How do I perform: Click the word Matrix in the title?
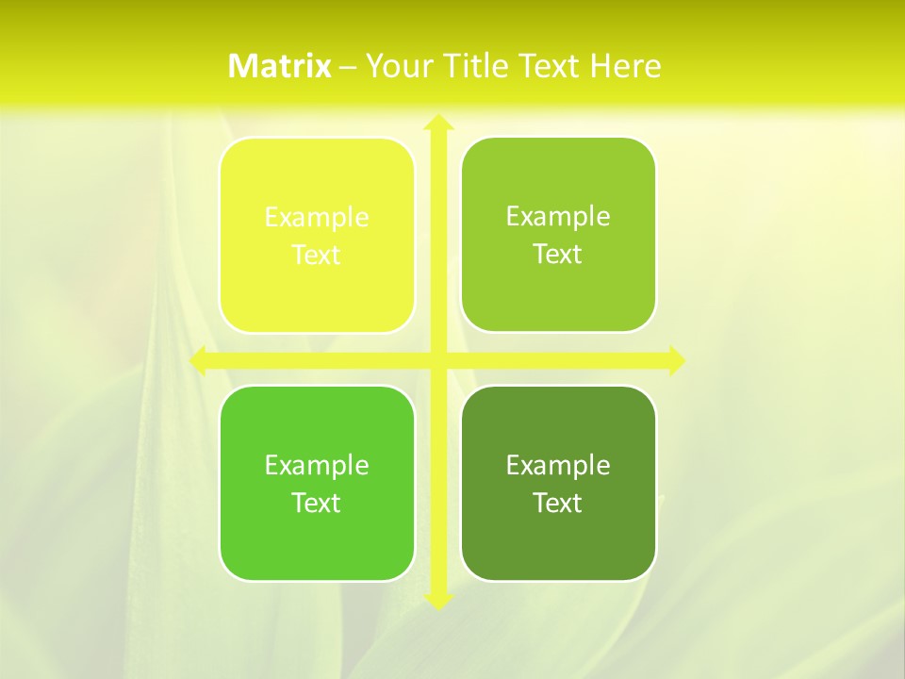pyautogui.click(x=280, y=66)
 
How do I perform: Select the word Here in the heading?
pyautogui.click(x=625, y=66)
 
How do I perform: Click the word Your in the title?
pyautogui.click(x=399, y=66)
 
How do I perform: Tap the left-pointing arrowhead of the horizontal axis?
pyautogui.click(x=199, y=360)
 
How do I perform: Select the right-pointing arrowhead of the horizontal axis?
pyautogui.click(x=675, y=360)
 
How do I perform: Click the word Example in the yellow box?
pyautogui.click(x=317, y=218)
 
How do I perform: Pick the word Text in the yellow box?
pyautogui.click(x=317, y=256)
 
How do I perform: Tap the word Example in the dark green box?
pyautogui.click(x=558, y=465)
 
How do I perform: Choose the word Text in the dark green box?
pyautogui.click(x=558, y=503)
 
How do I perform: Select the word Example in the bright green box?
pyautogui.click(x=317, y=465)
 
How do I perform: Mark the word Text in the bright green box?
pyautogui.click(x=317, y=503)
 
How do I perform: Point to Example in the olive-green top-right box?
pyautogui.click(x=558, y=217)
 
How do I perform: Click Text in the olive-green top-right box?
pyautogui.click(x=558, y=255)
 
